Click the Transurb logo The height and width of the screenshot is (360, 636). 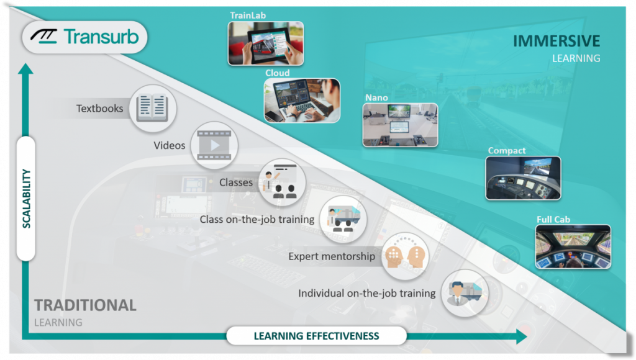(84, 37)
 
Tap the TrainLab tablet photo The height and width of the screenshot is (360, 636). (266, 43)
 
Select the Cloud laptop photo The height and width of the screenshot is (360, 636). (302, 101)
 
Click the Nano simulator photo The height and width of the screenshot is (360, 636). (401, 125)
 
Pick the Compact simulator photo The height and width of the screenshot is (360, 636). (523, 178)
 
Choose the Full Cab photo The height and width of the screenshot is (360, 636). (573, 246)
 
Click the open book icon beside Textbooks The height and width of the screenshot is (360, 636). (153, 108)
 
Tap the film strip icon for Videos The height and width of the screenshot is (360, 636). (214, 145)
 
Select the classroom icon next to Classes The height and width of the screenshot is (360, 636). (281, 181)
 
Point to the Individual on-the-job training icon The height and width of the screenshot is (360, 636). (465, 293)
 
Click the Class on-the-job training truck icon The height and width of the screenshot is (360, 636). (343, 219)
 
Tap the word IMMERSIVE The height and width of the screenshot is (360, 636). (556, 41)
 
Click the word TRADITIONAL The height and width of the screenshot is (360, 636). (85, 305)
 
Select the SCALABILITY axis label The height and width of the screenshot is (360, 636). (26, 199)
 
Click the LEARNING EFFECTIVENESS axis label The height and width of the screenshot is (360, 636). (316, 336)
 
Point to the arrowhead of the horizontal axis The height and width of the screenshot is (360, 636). (522, 336)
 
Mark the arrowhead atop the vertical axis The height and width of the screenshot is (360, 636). (25, 68)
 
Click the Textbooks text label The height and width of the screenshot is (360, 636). (100, 108)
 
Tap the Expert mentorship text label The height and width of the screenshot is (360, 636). (332, 256)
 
